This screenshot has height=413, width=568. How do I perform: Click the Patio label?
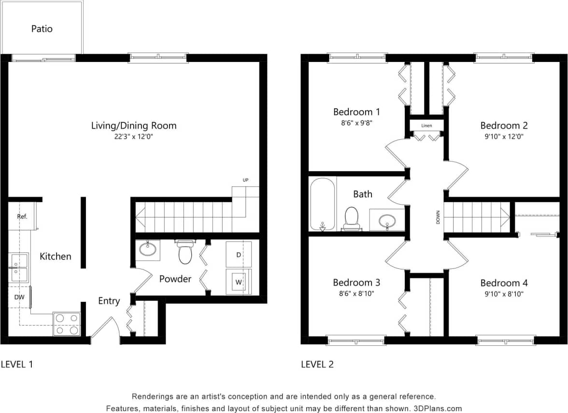42,29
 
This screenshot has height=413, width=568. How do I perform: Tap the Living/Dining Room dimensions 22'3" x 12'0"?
134,137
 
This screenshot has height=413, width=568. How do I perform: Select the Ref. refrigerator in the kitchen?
22,217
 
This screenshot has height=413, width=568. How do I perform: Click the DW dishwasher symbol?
19,297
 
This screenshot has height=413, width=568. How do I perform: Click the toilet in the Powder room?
185,252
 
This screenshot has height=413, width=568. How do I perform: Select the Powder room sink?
147,250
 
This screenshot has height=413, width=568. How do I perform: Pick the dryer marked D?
239,254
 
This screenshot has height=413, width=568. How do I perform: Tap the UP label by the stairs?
245,180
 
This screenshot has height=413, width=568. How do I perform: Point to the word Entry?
109,301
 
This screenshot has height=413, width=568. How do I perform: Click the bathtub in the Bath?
322,204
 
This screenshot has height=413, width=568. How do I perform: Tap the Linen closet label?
426,126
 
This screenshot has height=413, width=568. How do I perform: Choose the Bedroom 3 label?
356,282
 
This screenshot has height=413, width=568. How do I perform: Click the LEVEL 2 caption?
317,364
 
